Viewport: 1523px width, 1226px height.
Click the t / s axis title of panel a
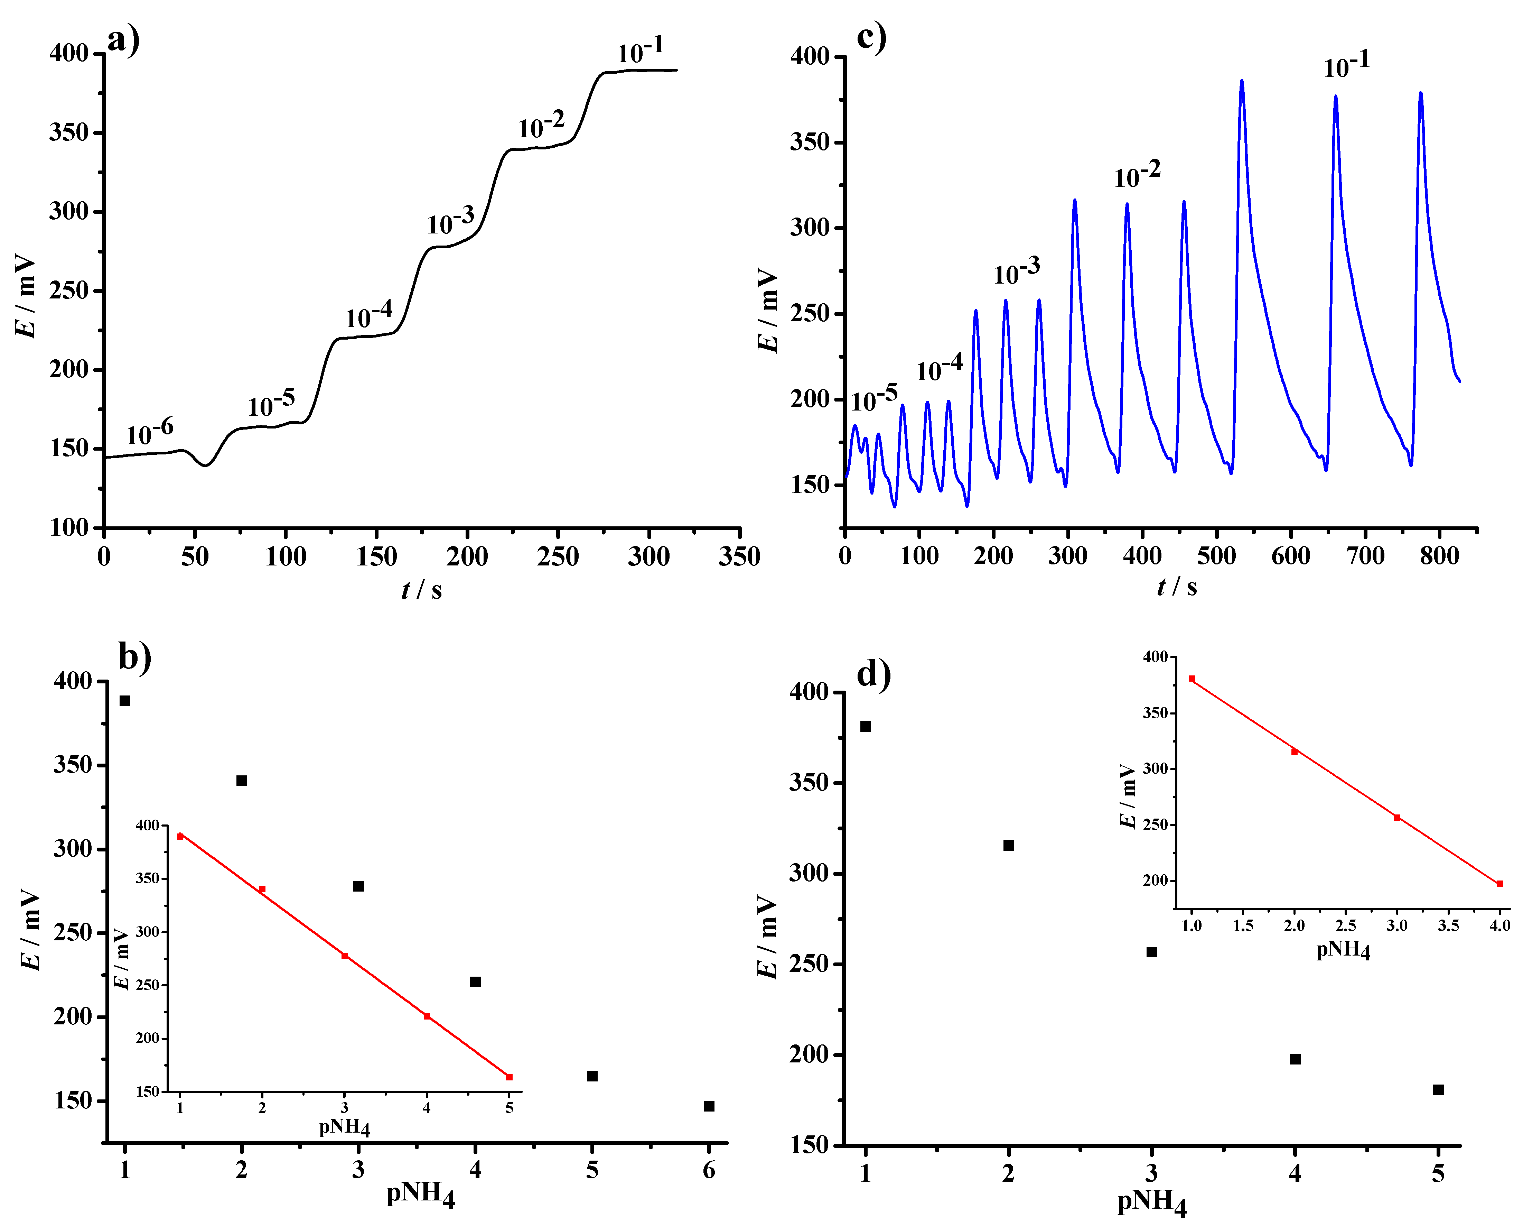pyautogui.click(x=422, y=589)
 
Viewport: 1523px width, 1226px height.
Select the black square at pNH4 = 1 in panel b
pyautogui.click(x=125, y=700)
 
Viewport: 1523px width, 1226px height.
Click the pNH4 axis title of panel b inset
pyautogui.click(x=345, y=1126)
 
